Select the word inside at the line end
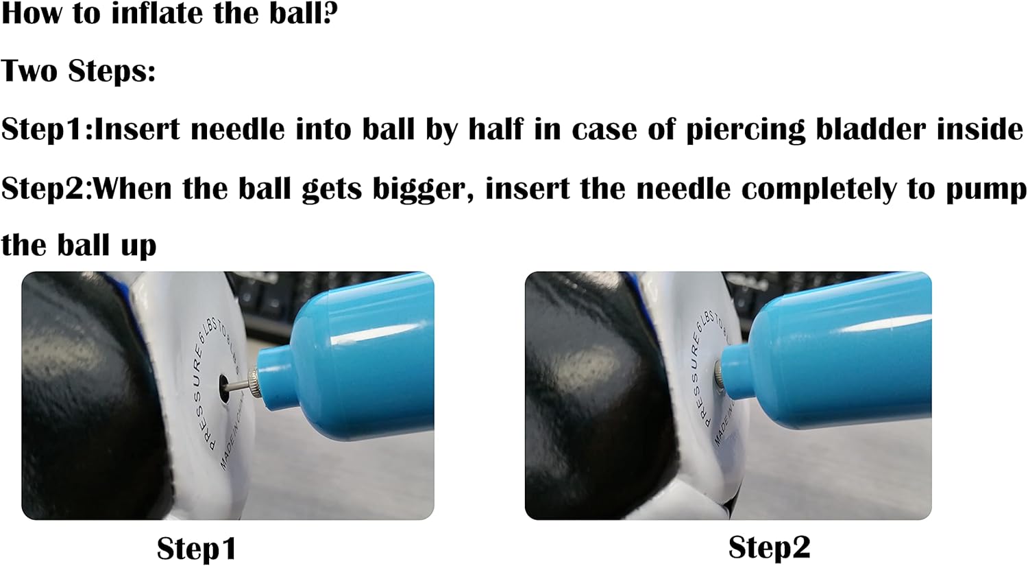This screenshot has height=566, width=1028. click(x=980, y=129)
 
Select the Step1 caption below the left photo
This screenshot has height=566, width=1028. click(x=197, y=549)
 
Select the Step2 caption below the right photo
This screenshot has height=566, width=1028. click(x=769, y=547)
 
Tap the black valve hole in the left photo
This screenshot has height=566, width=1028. click(x=223, y=383)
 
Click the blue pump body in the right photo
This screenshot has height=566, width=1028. click(x=843, y=357)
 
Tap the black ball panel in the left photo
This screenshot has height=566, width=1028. click(x=82, y=398)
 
